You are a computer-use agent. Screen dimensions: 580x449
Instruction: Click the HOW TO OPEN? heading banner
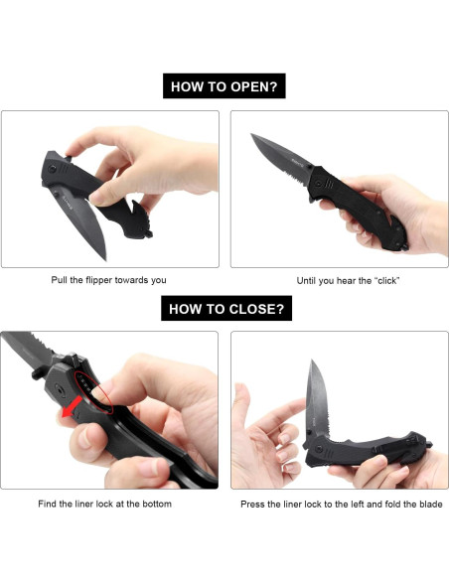click(x=224, y=86)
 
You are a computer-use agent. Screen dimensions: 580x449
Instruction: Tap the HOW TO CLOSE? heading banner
click(x=224, y=308)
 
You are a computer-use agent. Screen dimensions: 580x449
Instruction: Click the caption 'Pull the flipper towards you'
click(x=109, y=280)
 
